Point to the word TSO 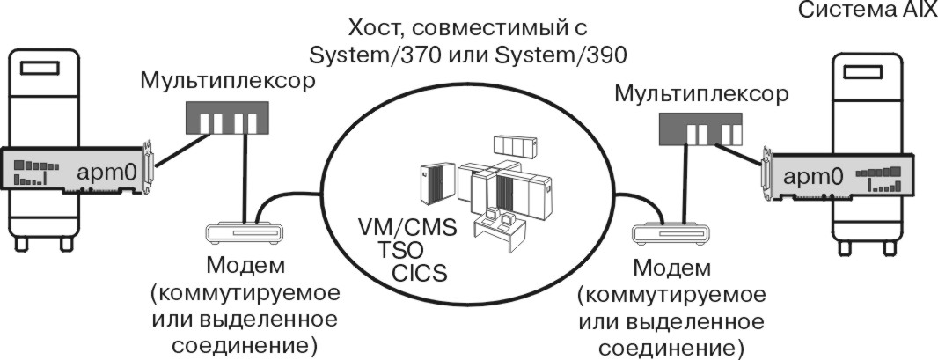click(x=399, y=250)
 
